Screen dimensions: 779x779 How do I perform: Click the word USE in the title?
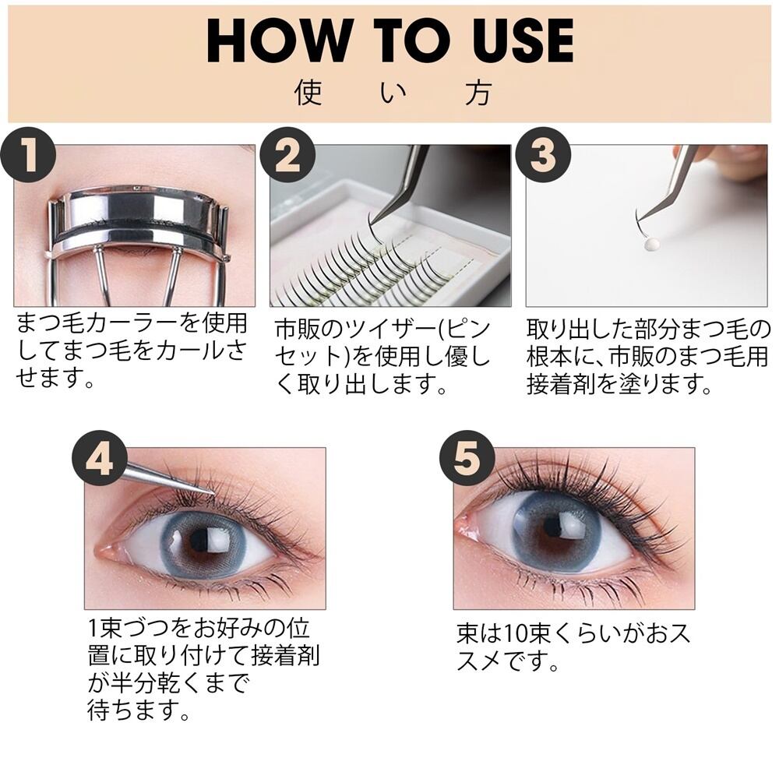point(523,41)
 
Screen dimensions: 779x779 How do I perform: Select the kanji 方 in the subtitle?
point(479,93)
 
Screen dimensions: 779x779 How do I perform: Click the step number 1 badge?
point(28,154)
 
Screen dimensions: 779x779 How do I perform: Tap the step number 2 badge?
point(287,154)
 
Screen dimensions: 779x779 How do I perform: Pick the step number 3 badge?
point(543,154)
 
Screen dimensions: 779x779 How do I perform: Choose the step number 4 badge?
point(100,458)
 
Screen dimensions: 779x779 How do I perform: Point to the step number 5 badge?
point(467,458)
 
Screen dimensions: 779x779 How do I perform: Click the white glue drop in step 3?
point(651,244)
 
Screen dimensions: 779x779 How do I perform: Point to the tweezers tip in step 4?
point(213,493)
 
